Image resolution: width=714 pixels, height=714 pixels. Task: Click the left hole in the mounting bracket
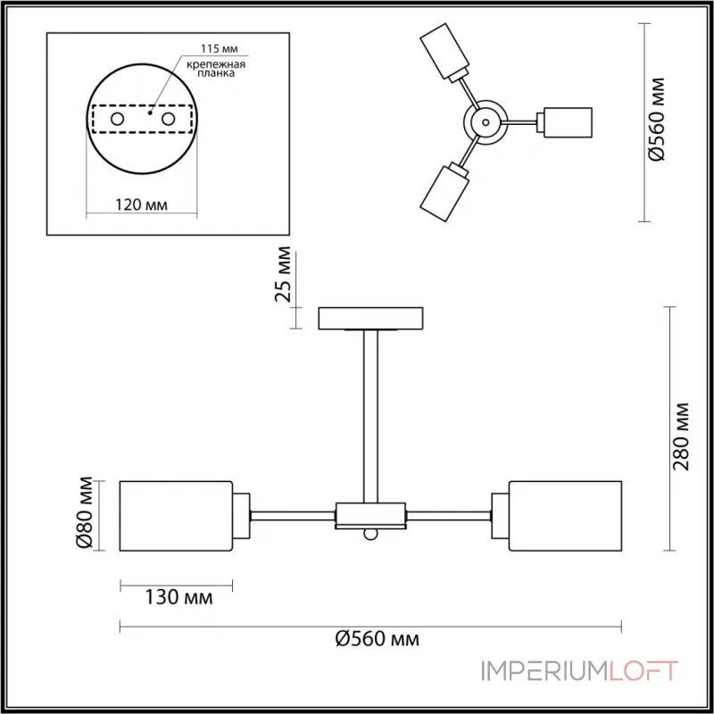coord(117,118)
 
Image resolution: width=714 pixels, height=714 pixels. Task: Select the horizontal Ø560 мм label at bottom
coord(377,639)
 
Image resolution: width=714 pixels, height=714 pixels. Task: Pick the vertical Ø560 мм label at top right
coord(658,120)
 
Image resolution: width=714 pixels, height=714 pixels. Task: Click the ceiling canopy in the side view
coord(372,318)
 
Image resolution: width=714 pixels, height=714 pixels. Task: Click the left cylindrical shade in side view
coord(177,516)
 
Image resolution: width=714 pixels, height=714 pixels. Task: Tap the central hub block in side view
coord(371,515)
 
